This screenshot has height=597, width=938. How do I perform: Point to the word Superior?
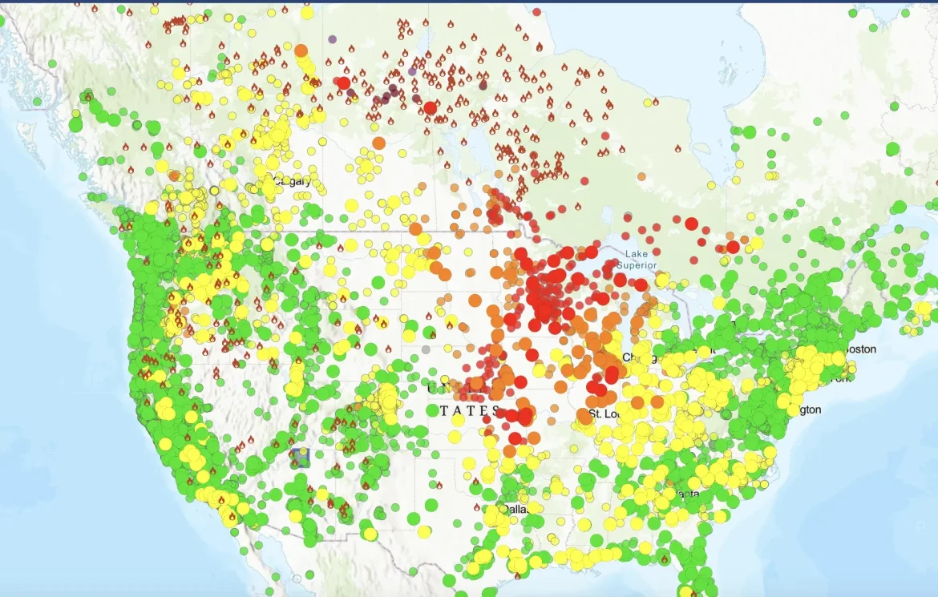click(x=637, y=265)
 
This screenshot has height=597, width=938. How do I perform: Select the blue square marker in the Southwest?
click(x=301, y=457)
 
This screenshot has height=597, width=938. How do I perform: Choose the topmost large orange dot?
click(x=301, y=50)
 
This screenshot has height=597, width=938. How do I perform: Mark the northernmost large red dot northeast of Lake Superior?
click(x=691, y=224)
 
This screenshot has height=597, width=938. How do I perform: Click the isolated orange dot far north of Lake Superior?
click(x=641, y=176)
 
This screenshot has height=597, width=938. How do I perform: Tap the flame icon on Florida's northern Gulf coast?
click(x=665, y=559)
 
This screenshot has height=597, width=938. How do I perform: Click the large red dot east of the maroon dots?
click(x=430, y=108)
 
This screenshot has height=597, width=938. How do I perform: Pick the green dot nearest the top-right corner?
click(x=874, y=27)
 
